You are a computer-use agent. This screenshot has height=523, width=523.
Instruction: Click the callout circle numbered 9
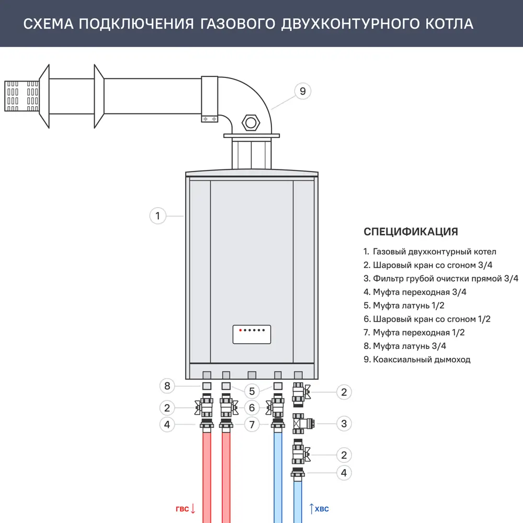point(302,91)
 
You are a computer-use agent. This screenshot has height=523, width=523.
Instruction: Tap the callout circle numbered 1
point(157,215)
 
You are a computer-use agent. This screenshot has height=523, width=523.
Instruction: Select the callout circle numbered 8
point(167,386)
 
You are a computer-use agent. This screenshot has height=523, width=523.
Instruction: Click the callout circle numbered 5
point(252,391)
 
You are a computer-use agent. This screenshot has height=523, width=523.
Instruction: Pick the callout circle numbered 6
point(252,407)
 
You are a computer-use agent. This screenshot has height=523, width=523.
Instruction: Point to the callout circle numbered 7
point(252,424)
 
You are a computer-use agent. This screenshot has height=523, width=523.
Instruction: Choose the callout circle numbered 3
point(344,424)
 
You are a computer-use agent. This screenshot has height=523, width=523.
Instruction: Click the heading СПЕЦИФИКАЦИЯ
point(411,232)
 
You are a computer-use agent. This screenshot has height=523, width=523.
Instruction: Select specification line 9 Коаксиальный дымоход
point(417,359)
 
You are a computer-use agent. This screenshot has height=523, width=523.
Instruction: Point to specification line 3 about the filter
point(440,278)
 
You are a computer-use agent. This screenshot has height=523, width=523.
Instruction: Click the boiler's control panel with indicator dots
point(252,334)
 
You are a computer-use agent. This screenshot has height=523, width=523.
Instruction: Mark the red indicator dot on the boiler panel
point(241,330)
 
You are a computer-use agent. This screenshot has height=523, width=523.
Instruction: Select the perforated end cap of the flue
point(21,96)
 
